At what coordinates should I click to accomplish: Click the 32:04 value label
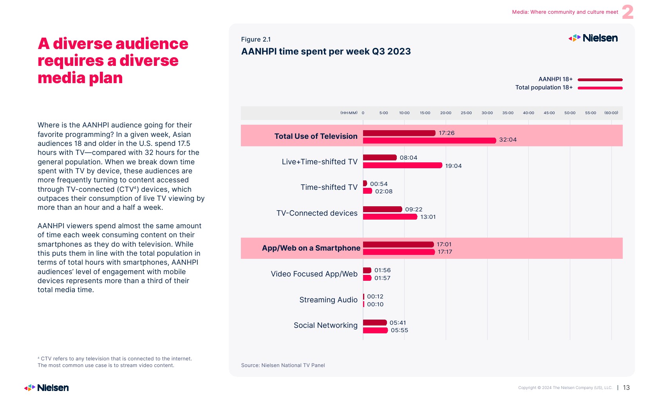[508, 140]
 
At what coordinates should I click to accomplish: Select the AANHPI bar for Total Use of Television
[399, 133]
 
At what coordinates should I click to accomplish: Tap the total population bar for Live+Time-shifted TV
[402, 165]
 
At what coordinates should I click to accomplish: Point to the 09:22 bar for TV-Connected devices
[382, 209]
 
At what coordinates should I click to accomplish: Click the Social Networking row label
[325, 325]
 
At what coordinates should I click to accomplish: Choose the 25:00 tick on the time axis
[466, 113]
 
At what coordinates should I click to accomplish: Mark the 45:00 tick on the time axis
[549, 113]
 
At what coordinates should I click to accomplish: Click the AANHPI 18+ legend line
[600, 80]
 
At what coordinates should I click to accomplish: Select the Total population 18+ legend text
[544, 87]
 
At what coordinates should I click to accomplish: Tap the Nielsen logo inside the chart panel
[593, 38]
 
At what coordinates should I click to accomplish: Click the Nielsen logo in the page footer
[47, 388]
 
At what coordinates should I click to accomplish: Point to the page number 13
[626, 388]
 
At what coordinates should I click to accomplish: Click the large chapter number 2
[627, 12]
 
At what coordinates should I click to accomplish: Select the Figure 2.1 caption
[256, 39]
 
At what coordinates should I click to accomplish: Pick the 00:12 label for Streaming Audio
[375, 296]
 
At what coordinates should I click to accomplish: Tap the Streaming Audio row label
[328, 300]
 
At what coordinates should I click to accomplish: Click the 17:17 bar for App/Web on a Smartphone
[399, 252]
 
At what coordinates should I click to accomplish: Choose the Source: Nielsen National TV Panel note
[283, 365]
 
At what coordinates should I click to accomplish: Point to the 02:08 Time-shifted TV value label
[383, 191]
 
